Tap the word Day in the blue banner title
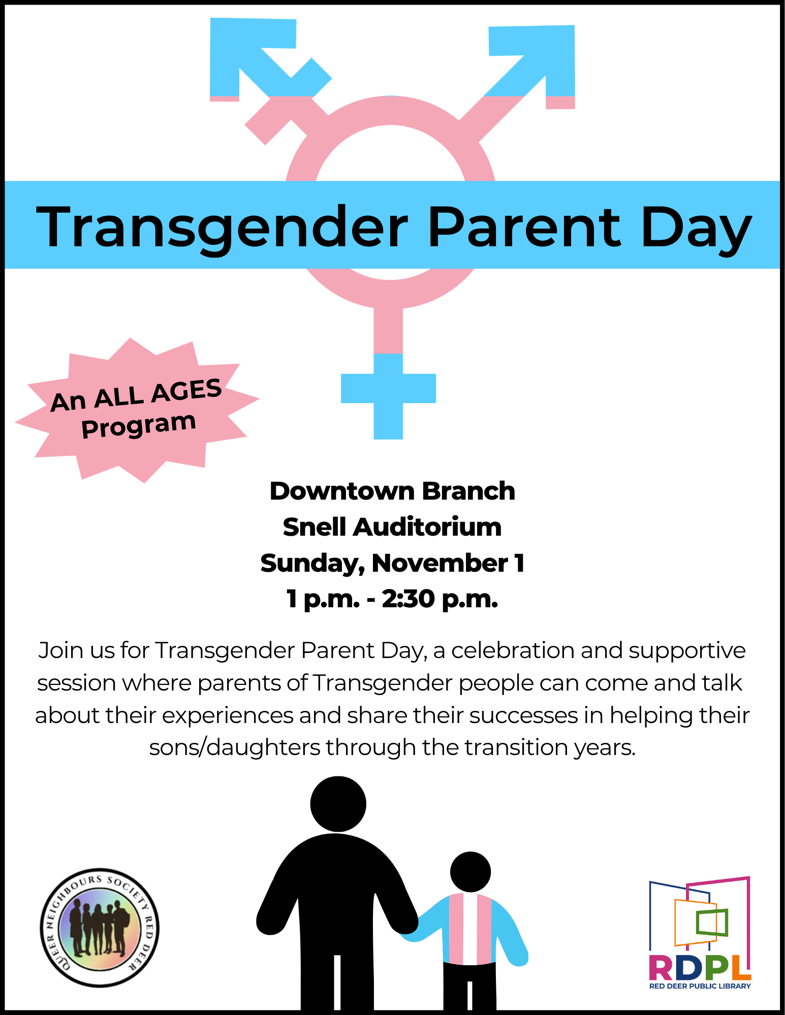tap(697, 230)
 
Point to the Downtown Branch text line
tap(392, 491)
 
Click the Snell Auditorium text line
tap(392, 527)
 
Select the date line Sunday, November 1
tap(392, 564)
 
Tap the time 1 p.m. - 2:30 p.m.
tap(392, 600)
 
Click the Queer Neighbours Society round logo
tap(100, 928)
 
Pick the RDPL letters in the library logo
tap(700, 968)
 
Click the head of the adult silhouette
tap(338, 804)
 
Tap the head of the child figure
tap(470, 872)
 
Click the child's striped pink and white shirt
tap(470, 929)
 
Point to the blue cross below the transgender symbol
tap(388, 396)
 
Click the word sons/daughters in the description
tap(235, 747)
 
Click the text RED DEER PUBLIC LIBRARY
tap(700, 986)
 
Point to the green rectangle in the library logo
tap(712, 922)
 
